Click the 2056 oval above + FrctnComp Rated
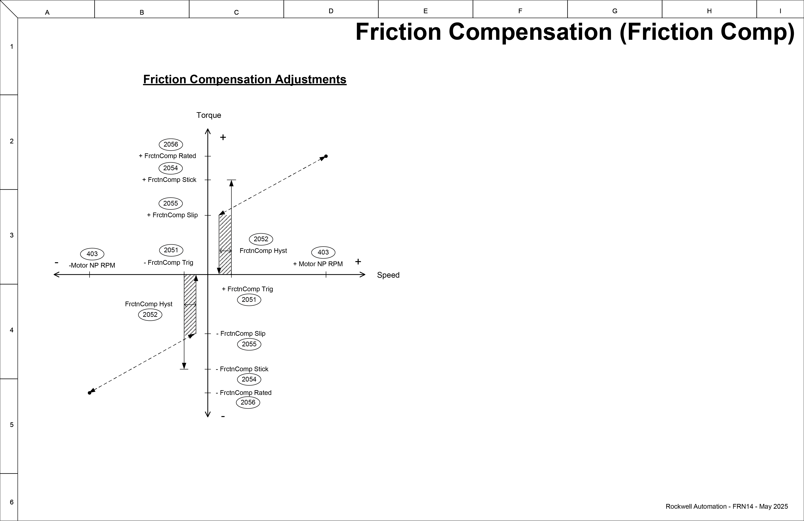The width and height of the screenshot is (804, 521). click(171, 144)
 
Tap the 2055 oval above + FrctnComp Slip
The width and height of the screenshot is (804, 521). click(171, 203)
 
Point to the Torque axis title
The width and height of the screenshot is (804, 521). click(209, 115)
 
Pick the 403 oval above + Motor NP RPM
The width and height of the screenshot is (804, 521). click(323, 252)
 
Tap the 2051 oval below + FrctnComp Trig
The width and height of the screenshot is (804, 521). click(249, 299)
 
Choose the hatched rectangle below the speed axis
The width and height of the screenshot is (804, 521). click(190, 304)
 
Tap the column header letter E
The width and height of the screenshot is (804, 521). click(425, 11)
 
